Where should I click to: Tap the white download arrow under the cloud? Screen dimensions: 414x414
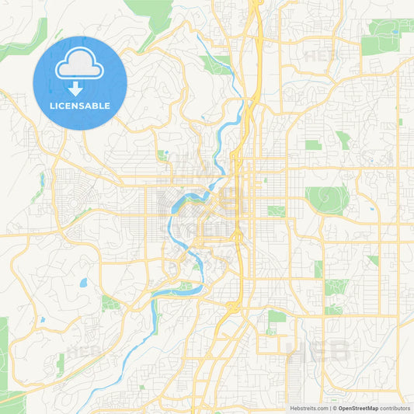coord(80,89)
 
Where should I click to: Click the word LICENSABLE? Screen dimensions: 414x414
coord(80,106)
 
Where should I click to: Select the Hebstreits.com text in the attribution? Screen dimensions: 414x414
coord(309,407)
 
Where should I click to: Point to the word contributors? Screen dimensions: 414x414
coord(395,407)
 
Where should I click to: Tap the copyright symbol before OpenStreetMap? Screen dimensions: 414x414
coord(335,407)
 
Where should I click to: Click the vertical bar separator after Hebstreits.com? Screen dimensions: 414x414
coord(329,407)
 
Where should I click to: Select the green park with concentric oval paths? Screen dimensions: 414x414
coord(327,199)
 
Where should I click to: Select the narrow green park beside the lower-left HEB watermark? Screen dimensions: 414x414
coord(61,362)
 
